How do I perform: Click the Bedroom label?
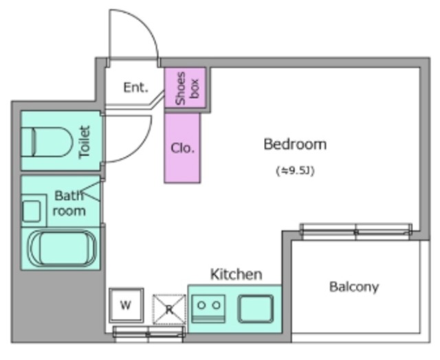click(295, 144)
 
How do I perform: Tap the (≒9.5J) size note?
click(295, 170)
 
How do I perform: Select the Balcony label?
click(354, 286)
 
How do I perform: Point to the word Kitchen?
click(236, 274)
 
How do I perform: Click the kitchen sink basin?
click(256, 308)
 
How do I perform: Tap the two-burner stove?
click(208, 308)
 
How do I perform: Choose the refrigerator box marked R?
click(169, 310)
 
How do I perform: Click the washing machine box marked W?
click(126, 305)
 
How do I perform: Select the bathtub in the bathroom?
click(63, 248)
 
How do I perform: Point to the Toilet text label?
click(85, 142)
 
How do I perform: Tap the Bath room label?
click(69, 203)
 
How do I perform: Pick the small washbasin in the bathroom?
click(31, 211)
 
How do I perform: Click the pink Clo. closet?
click(182, 148)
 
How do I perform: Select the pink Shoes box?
click(185, 87)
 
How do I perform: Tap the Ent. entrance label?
click(135, 87)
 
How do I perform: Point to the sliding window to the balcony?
click(356, 232)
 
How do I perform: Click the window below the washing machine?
click(148, 334)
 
